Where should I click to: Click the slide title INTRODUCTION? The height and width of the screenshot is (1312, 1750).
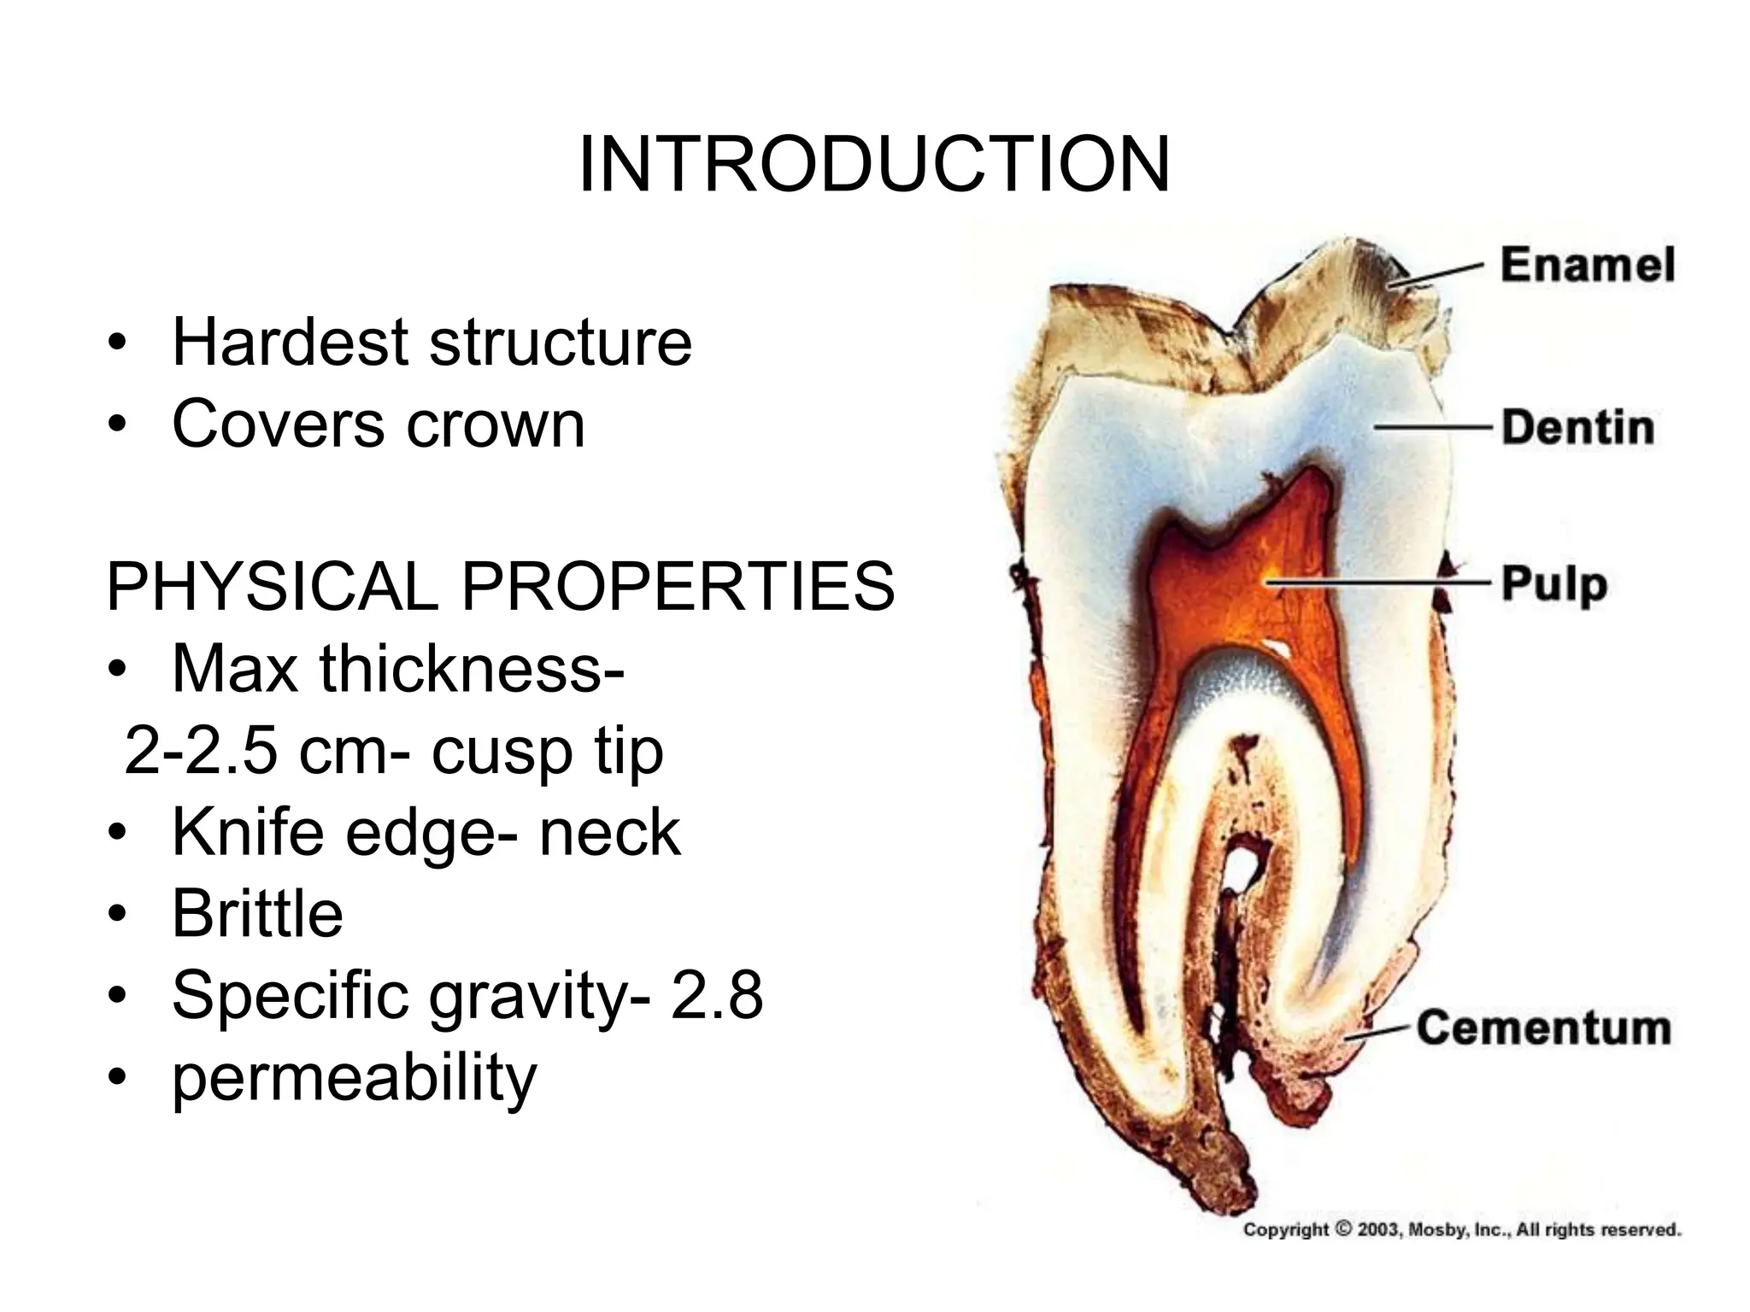tap(873, 165)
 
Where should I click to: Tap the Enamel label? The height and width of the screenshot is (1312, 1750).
tap(1588, 264)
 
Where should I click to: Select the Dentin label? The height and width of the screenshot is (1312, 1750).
tap(1577, 427)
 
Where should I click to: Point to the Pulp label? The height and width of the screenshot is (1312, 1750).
tap(1553, 585)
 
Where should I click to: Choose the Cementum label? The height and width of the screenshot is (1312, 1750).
tap(1543, 1028)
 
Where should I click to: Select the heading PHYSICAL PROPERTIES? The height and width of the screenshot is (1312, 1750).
tap(500, 587)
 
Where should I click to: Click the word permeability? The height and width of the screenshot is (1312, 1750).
tap(354, 1078)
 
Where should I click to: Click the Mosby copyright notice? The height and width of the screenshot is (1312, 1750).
tap(1461, 1230)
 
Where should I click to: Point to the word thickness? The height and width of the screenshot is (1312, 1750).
tap(470, 669)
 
